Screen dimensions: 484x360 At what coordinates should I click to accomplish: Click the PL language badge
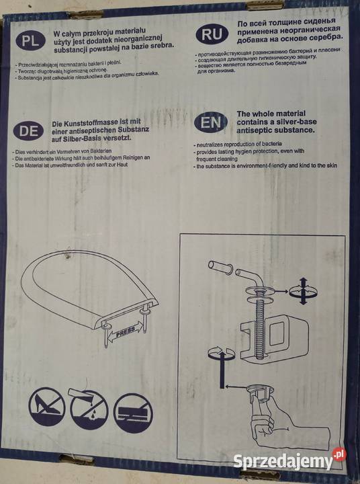(29, 40)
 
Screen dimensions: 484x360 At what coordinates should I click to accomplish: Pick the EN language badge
(208, 122)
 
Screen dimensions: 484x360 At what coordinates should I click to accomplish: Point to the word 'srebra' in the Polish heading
(159, 46)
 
